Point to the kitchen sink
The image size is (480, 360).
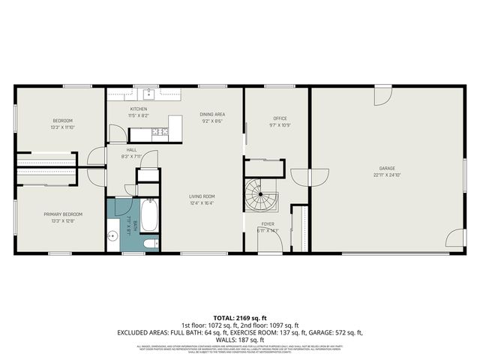click(149, 94)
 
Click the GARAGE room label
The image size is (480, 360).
click(387, 168)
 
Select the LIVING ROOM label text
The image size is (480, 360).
click(202, 196)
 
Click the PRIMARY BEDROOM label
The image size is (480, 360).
click(62, 214)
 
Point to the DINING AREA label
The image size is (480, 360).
click(213, 114)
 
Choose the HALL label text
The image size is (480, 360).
click(131, 149)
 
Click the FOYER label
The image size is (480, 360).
click(268, 223)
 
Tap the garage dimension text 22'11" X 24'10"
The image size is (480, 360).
click(387, 175)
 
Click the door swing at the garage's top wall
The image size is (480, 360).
click(383, 96)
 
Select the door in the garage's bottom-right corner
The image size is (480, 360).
click(454, 238)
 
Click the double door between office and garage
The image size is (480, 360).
click(310, 178)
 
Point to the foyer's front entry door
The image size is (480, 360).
click(269, 245)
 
